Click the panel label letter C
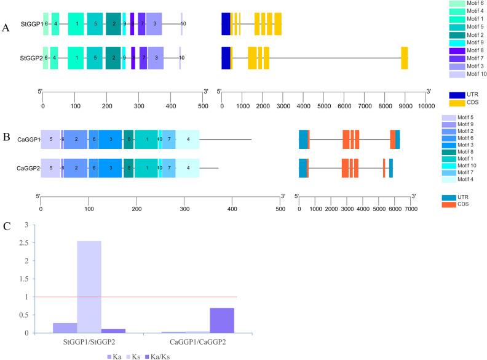[x=7, y=225]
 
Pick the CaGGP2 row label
[x=28, y=168]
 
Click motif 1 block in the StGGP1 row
[x=76, y=23]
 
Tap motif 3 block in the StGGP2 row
[x=156, y=57]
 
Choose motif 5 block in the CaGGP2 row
[x=50, y=168]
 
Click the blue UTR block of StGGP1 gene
[x=226, y=23]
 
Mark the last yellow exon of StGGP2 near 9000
[x=404, y=57]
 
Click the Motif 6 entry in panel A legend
[x=467, y=4]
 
